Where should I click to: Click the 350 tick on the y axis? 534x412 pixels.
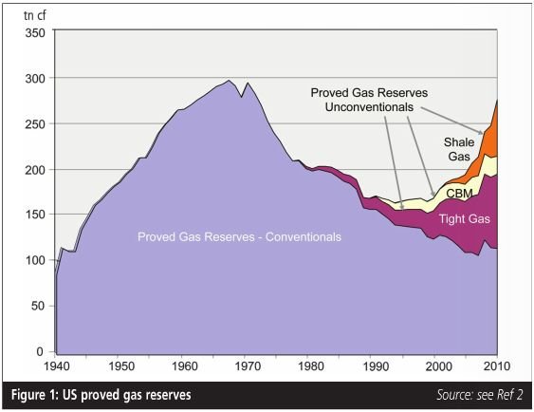pyautogui.click(x=33, y=32)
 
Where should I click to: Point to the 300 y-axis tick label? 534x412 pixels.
pyautogui.click(x=33, y=78)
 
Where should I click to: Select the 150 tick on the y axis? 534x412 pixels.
pyautogui.click(x=33, y=215)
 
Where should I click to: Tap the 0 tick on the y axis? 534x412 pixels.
pyautogui.click(x=40, y=352)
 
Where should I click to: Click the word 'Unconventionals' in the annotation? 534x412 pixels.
pyautogui.click(x=368, y=106)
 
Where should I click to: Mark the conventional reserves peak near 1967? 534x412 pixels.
pyautogui.click(x=230, y=81)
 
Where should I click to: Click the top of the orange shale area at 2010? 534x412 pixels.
pyautogui.click(x=498, y=101)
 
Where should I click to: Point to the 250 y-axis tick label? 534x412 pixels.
pyautogui.click(x=33, y=123)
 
